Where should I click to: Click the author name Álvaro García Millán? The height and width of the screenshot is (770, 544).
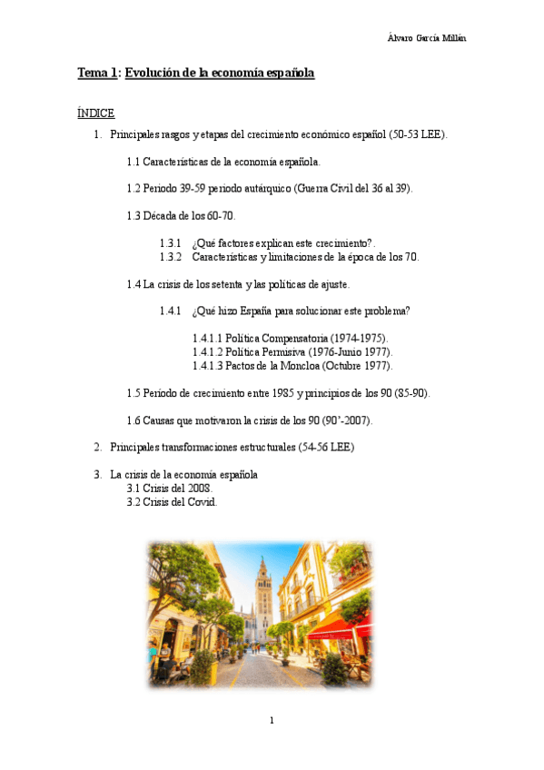point(427,37)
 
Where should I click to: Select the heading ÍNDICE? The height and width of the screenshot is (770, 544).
point(95,114)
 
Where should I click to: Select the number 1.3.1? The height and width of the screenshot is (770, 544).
point(170,243)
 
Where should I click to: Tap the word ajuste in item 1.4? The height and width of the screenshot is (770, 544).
point(333,284)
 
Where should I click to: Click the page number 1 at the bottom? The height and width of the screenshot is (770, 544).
point(272,720)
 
